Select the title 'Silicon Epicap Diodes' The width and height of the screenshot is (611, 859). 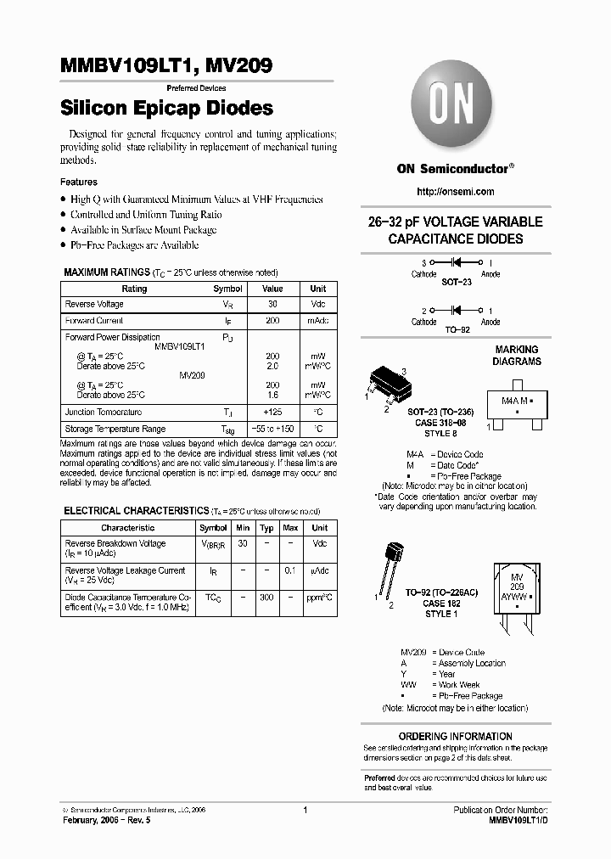coord(166,109)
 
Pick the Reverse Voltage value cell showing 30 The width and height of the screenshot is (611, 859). coord(272,304)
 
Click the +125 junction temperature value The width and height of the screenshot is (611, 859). coord(272,412)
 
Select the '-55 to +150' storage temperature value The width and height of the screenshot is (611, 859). coord(272,429)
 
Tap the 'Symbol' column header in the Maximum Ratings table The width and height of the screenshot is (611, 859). coord(227,289)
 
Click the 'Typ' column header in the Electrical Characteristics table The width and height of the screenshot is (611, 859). coord(266,528)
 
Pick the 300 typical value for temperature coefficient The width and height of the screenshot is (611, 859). coord(266,598)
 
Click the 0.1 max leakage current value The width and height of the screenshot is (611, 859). coord(290,570)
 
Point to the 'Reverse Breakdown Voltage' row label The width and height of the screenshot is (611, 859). coord(115,543)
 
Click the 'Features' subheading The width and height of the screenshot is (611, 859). coord(79,182)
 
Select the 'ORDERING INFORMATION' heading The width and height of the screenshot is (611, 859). coord(456,736)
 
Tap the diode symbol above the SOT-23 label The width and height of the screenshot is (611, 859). coord(456,263)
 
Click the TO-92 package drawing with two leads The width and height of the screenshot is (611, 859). coord(390,564)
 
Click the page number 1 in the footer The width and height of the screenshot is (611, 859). coord(304,810)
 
